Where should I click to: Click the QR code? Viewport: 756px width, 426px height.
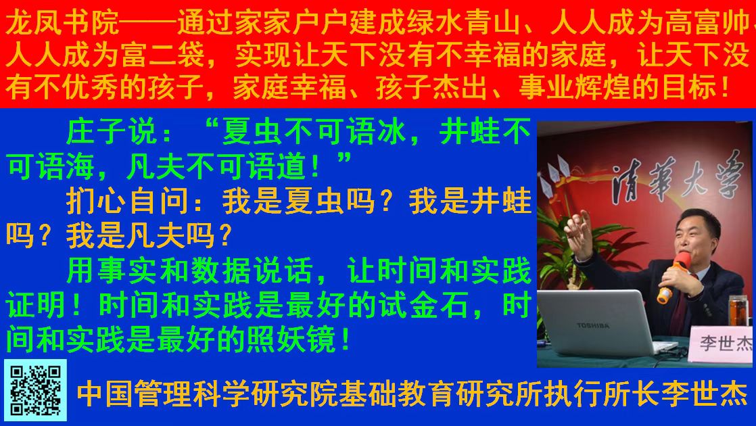(36, 390)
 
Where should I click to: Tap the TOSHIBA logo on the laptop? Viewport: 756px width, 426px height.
(592, 326)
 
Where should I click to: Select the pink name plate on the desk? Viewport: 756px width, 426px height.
(722, 343)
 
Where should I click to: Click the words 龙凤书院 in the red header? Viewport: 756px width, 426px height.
(62, 23)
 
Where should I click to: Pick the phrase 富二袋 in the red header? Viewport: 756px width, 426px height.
(164, 55)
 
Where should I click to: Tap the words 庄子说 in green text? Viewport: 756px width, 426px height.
(112, 132)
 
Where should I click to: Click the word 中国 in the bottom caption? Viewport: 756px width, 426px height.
(105, 394)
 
